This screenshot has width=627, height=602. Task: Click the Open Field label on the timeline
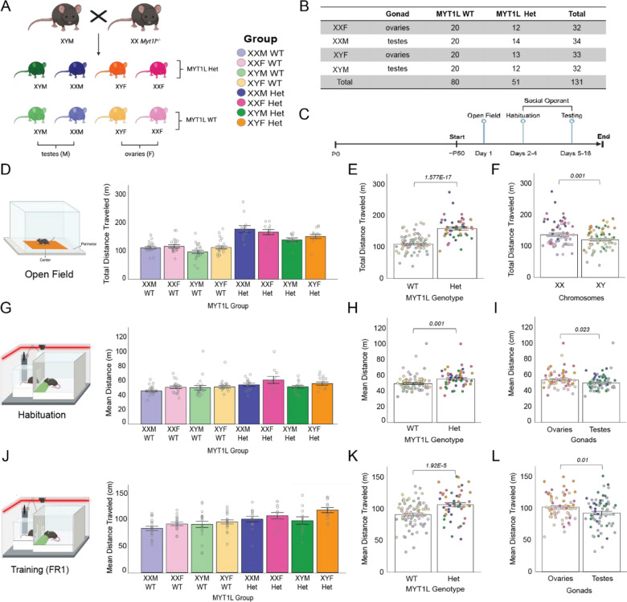(485, 116)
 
